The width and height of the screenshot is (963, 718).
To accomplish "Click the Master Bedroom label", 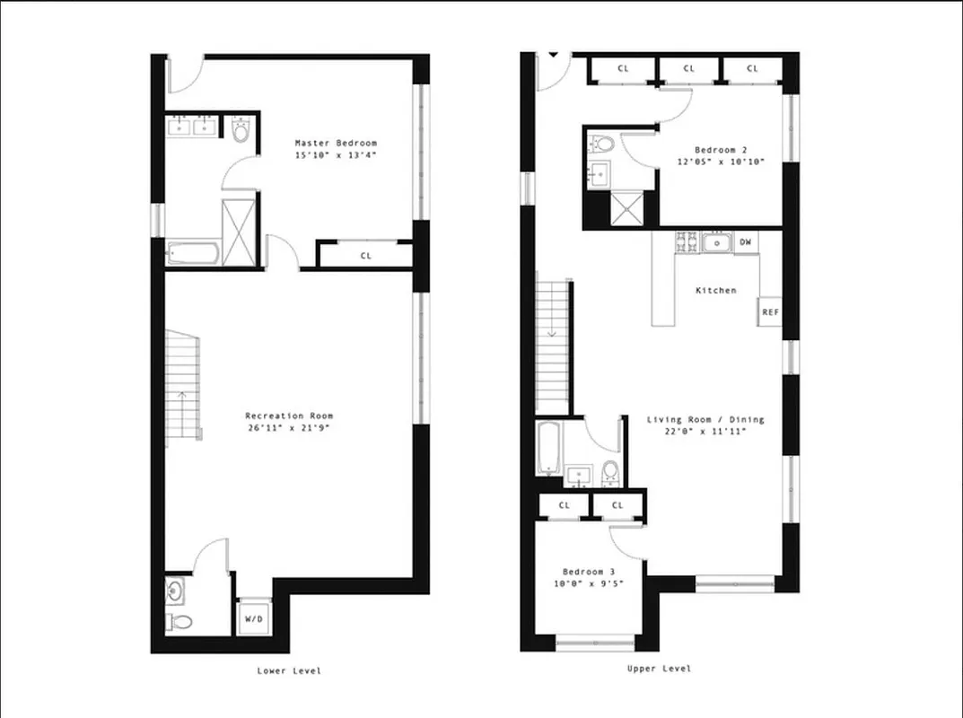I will pos(336,143).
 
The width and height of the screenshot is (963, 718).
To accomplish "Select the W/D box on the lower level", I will pos(250,618).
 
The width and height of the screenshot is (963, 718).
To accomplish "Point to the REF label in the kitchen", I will pos(769,312).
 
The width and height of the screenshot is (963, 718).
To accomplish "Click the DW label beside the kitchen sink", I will pos(745,242).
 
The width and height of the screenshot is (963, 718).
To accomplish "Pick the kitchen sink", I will pos(716,242).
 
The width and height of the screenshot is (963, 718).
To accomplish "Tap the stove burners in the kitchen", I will pos(687,242).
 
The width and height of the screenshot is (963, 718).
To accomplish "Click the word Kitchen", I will pos(715,290).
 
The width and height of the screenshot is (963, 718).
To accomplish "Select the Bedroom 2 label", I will pos(722,150).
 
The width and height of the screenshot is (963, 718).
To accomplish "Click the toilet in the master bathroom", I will pos(240,133).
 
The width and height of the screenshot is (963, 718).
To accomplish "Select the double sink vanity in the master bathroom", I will pos(191,127).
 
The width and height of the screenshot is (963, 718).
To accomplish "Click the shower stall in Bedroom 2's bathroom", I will pos(622,209).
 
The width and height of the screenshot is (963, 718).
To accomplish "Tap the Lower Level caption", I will pos(288,670).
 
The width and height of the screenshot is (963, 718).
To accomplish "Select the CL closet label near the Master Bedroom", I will pos(365,256).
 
